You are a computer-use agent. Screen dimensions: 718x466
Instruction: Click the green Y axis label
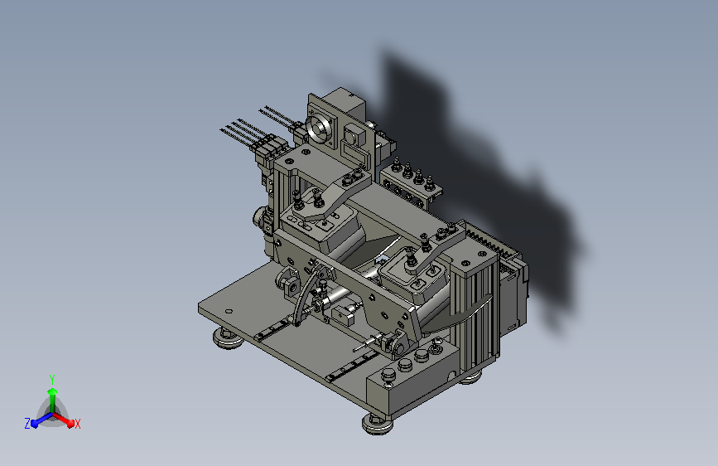coord(52,379)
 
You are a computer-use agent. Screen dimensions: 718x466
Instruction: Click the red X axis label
coord(77,424)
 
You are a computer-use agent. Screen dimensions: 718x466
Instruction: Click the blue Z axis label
coord(27,424)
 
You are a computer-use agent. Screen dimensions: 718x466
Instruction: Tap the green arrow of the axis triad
coord(53,400)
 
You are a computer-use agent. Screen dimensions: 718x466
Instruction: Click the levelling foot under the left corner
coord(228,337)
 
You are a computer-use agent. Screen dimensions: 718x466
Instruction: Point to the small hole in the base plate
coord(229,312)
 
